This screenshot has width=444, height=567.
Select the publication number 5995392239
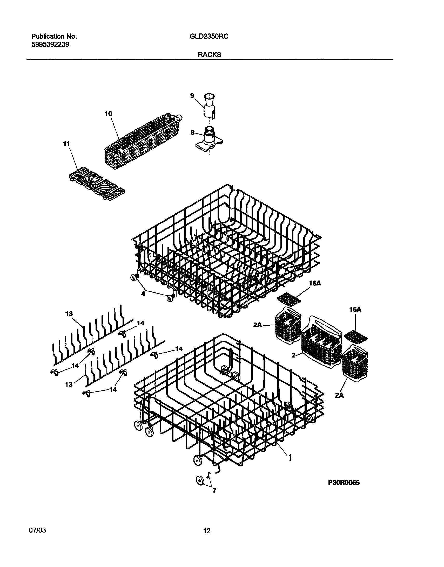(x=50, y=45)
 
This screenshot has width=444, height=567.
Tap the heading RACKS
(x=210, y=55)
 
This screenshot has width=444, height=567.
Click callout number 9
(x=192, y=96)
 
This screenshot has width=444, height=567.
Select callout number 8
(x=192, y=133)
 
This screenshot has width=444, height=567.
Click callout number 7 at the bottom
(x=214, y=491)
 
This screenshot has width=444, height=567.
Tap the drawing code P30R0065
(x=344, y=482)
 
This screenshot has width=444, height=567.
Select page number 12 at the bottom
(x=207, y=531)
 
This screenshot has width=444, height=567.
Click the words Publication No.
(x=54, y=37)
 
